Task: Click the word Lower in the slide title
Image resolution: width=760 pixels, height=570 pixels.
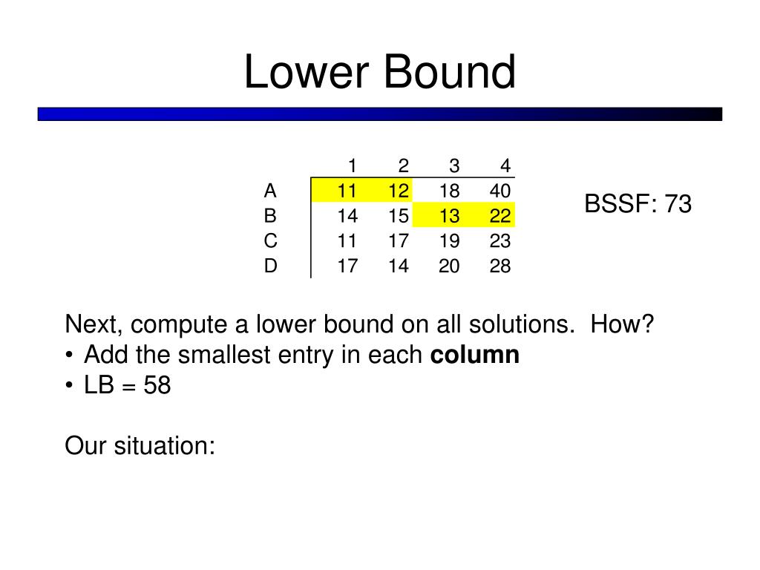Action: (x=308, y=73)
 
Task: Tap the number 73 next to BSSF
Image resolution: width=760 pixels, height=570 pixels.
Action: (x=678, y=203)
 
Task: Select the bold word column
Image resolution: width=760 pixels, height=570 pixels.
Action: (x=475, y=356)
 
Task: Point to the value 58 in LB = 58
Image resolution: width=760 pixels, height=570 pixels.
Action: (x=157, y=386)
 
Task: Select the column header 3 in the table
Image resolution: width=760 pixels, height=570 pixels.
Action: (x=454, y=166)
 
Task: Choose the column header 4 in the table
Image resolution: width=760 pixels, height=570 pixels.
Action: (x=505, y=166)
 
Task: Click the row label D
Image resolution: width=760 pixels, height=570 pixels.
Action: (x=270, y=266)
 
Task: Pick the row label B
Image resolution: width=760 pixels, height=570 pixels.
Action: (x=270, y=216)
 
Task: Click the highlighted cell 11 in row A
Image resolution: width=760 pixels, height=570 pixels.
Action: (x=347, y=191)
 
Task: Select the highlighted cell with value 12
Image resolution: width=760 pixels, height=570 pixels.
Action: (x=398, y=191)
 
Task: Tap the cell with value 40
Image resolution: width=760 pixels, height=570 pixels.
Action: (x=500, y=191)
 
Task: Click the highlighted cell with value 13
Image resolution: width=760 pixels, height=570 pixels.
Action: (x=449, y=216)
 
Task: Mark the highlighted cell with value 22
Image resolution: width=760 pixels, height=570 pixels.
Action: (x=500, y=216)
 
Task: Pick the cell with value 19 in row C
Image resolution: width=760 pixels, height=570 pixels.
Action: (x=449, y=241)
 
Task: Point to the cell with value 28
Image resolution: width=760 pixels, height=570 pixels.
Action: (x=500, y=266)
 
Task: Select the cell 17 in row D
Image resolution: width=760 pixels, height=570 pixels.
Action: (x=347, y=266)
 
